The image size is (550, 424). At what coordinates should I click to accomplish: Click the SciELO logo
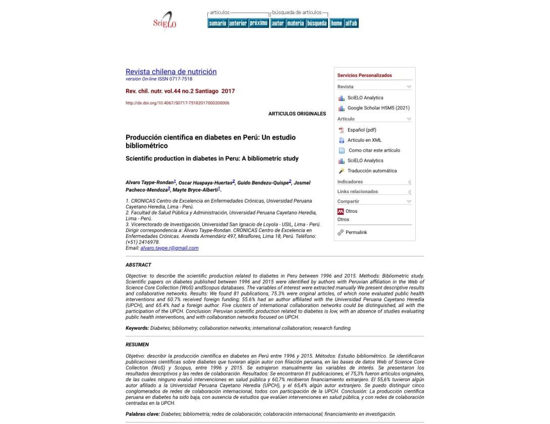pyautogui.click(x=164, y=22)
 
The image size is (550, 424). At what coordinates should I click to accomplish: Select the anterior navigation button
pyautogui.click(x=238, y=23)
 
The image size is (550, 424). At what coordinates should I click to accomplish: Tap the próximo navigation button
pyautogui.click(x=258, y=23)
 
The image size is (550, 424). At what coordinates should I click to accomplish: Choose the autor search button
pyautogui.click(x=278, y=23)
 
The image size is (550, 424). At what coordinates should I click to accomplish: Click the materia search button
pyautogui.click(x=295, y=23)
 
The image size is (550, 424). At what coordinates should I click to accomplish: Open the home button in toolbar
pyautogui.click(x=336, y=23)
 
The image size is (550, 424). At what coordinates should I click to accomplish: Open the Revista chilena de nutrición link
pyautogui.click(x=171, y=72)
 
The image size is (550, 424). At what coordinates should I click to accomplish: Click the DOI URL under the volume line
pyautogui.click(x=177, y=103)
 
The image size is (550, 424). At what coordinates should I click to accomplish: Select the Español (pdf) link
pyautogui.click(x=362, y=130)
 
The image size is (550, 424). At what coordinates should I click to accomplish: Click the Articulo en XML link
pyautogui.click(x=364, y=140)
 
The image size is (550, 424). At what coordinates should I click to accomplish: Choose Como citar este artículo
pyautogui.click(x=374, y=150)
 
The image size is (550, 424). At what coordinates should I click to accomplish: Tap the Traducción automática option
pyautogui.click(x=372, y=171)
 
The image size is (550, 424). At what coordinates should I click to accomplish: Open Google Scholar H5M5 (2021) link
pyautogui.click(x=378, y=108)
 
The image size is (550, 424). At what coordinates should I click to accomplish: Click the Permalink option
pyautogui.click(x=356, y=232)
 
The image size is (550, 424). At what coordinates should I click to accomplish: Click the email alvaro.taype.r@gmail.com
pyautogui.click(x=170, y=248)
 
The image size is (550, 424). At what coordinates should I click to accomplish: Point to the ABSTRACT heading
pyautogui.click(x=138, y=265)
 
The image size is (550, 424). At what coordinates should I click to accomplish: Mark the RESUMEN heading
pyautogui.click(x=137, y=345)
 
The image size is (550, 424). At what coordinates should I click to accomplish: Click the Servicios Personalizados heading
pyautogui.click(x=364, y=76)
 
